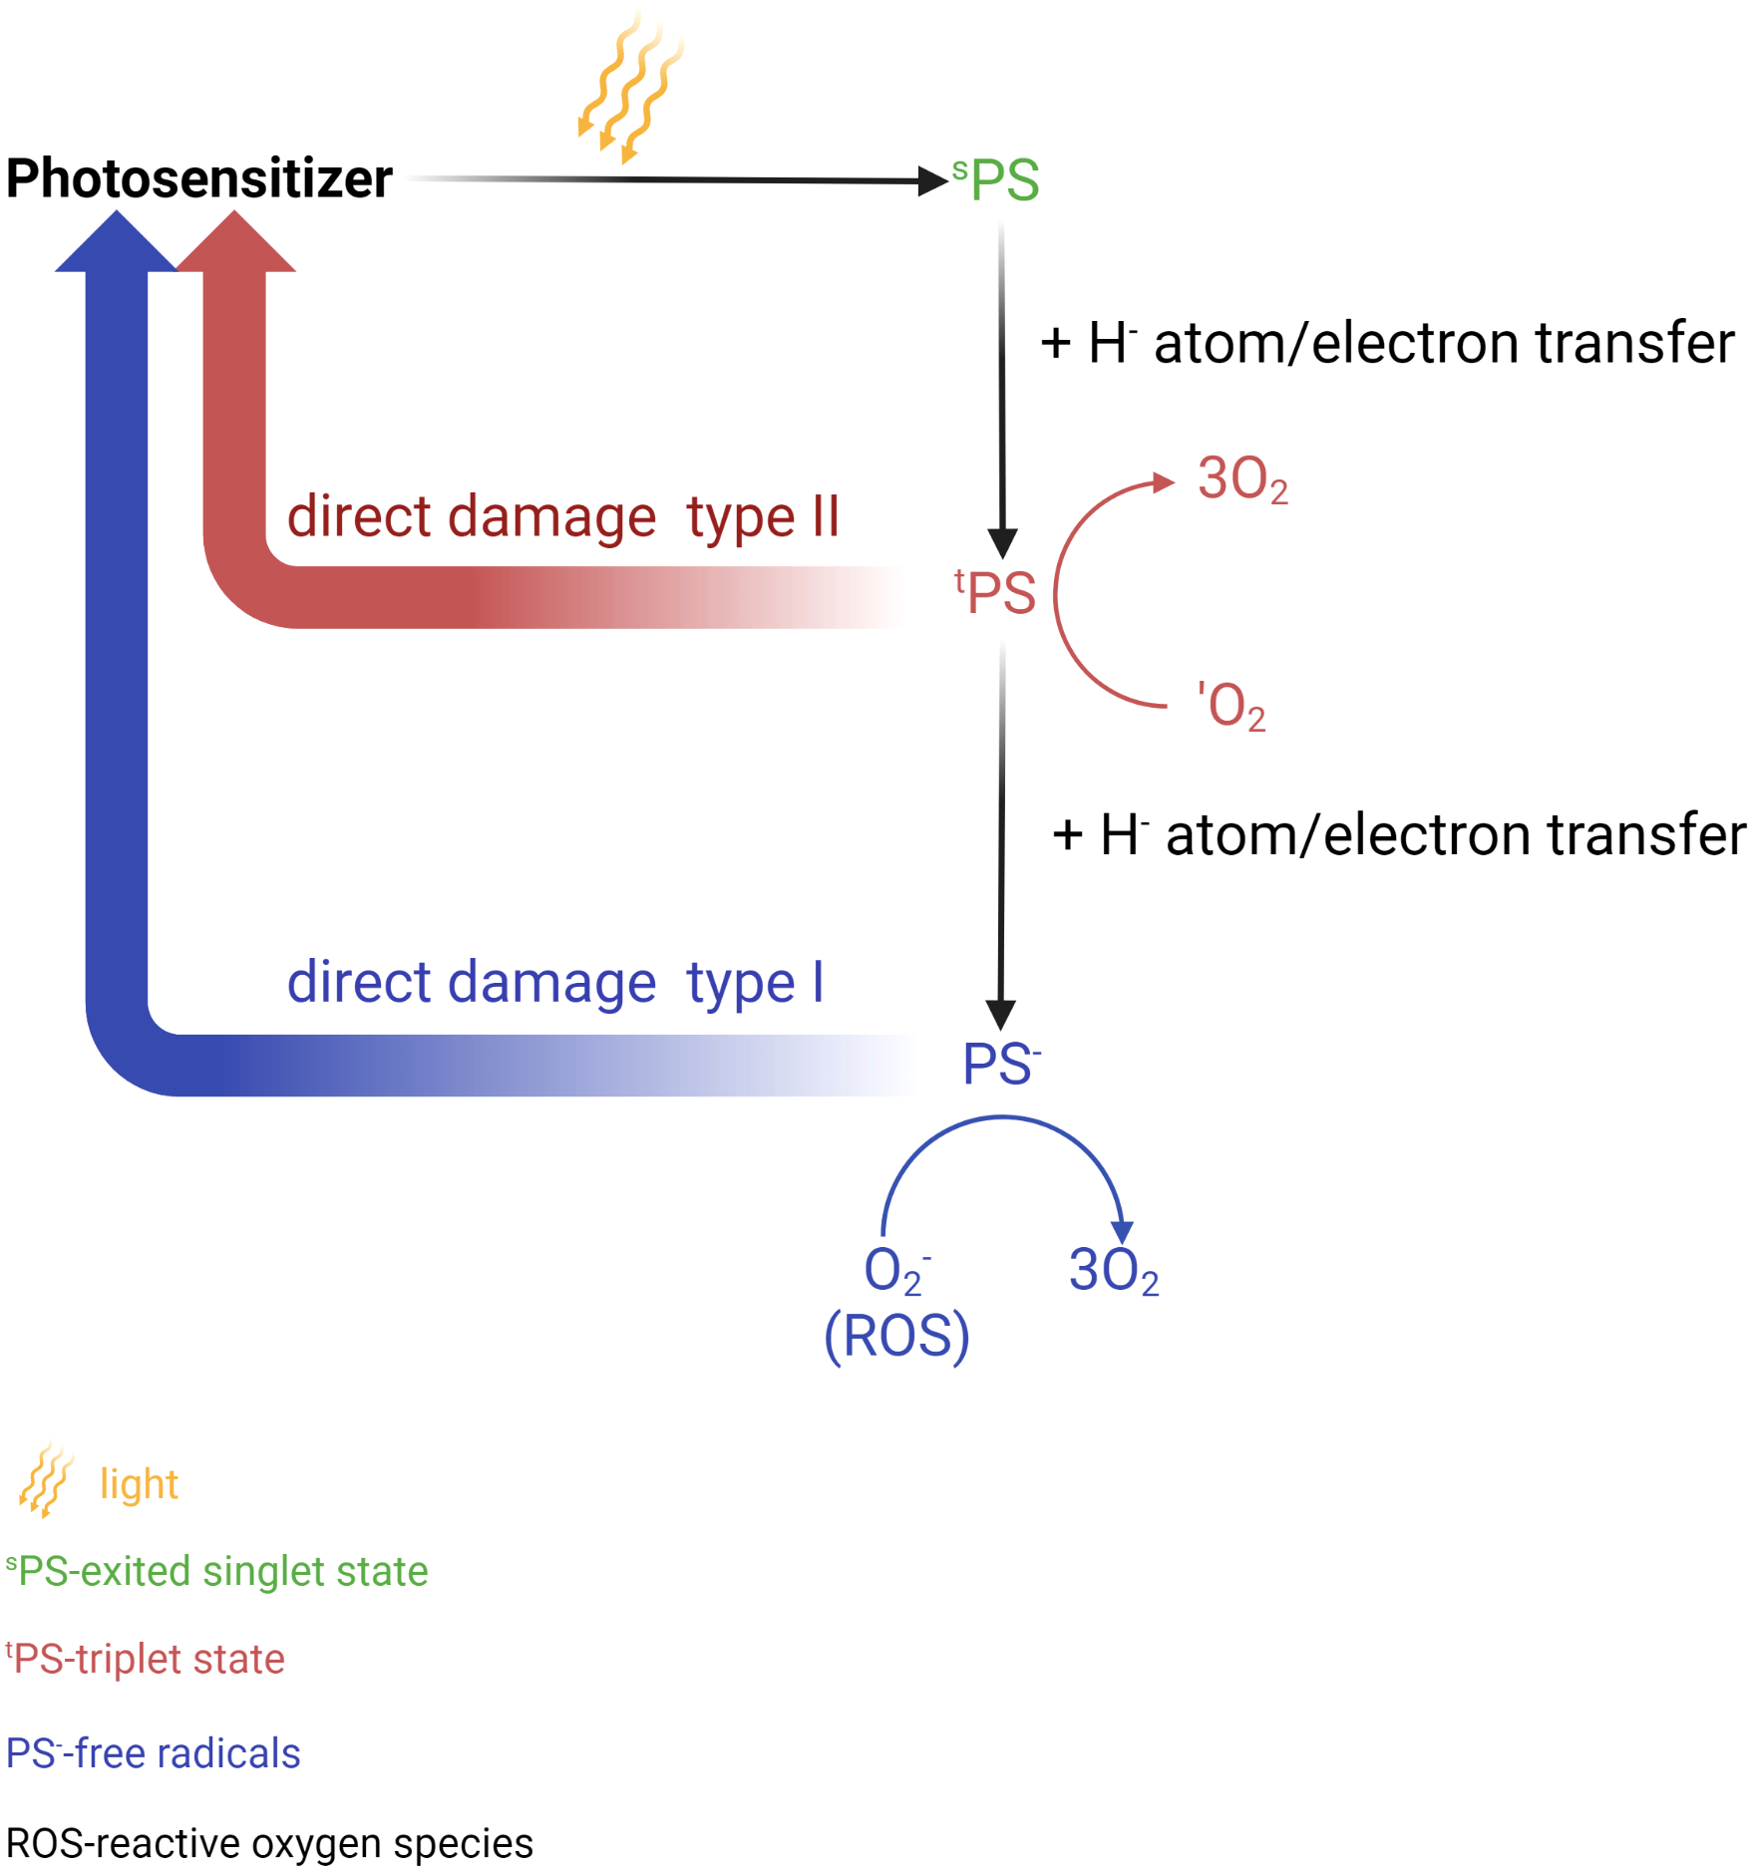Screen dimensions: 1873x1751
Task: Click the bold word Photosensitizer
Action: [x=199, y=179]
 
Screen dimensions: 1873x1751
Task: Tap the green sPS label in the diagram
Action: [x=997, y=180]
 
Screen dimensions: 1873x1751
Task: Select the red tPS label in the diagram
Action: [x=996, y=593]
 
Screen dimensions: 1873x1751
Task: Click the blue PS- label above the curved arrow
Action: [x=1001, y=1064]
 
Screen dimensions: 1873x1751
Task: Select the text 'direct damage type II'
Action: [x=563, y=517]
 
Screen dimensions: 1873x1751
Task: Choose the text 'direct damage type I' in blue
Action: [x=555, y=983]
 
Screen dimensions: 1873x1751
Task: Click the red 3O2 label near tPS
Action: [x=1242, y=479]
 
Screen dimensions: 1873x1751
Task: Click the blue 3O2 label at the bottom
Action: [x=1114, y=1271]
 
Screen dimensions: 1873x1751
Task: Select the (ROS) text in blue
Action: [x=896, y=1336]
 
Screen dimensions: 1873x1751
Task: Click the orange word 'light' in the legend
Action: [x=139, y=1484]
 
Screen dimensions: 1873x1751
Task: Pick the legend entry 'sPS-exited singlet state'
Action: [x=217, y=1572]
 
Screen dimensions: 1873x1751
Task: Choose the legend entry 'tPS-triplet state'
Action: [x=146, y=1660]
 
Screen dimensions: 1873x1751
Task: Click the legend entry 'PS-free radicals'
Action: [x=154, y=1753]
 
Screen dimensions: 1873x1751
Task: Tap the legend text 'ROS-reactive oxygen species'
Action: [x=269, y=1844]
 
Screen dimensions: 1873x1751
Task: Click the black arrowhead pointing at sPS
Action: [x=931, y=180]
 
